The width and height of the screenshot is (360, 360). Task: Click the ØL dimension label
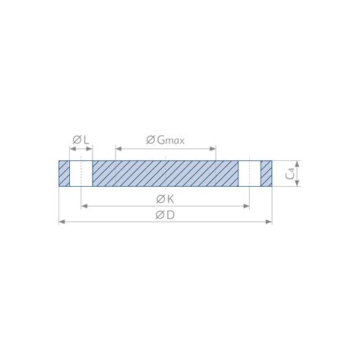81,140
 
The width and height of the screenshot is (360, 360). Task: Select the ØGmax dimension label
165,140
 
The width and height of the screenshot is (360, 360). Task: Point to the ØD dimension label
165,216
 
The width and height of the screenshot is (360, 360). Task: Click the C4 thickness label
291,173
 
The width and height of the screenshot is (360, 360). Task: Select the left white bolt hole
81,172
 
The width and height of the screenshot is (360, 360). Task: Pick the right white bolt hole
250,172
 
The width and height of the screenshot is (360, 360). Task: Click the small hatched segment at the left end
63,172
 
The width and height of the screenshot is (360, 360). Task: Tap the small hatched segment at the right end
266,172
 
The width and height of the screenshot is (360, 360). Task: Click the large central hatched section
165,172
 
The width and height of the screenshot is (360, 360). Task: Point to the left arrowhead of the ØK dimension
83,205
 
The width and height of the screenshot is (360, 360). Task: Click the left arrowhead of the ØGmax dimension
117,147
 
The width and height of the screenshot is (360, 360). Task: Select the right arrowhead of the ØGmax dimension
214,147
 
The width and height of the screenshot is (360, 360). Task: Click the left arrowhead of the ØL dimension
71,147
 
